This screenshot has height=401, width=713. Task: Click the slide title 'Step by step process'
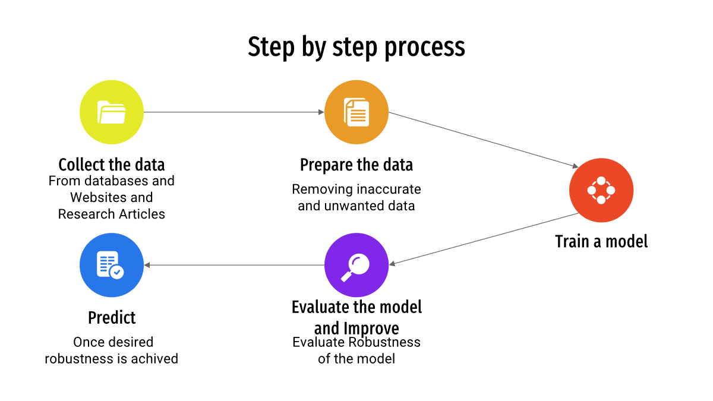tap(356, 47)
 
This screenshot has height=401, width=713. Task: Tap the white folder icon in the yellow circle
tap(112, 112)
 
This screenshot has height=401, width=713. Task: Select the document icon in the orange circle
tap(356, 112)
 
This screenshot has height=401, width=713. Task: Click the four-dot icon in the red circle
tap(601, 190)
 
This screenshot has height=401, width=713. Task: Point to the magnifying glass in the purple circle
tap(355, 267)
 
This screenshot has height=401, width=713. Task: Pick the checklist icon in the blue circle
tap(110, 265)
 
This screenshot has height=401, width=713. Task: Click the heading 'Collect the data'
tap(112, 165)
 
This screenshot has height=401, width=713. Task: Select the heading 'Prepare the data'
tap(356, 165)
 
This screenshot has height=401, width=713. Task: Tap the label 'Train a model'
tap(601, 241)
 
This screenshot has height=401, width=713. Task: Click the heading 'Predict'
tap(112, 318)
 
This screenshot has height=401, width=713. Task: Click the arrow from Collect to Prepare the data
tap(234, 112)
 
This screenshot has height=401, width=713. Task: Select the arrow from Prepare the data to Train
tap(483, 140)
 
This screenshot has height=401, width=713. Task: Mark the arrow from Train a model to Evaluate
tap(484, 239)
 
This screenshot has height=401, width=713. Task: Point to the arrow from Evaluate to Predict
tap(234, 265)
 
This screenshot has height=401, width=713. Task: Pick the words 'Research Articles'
tap(112, 214)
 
